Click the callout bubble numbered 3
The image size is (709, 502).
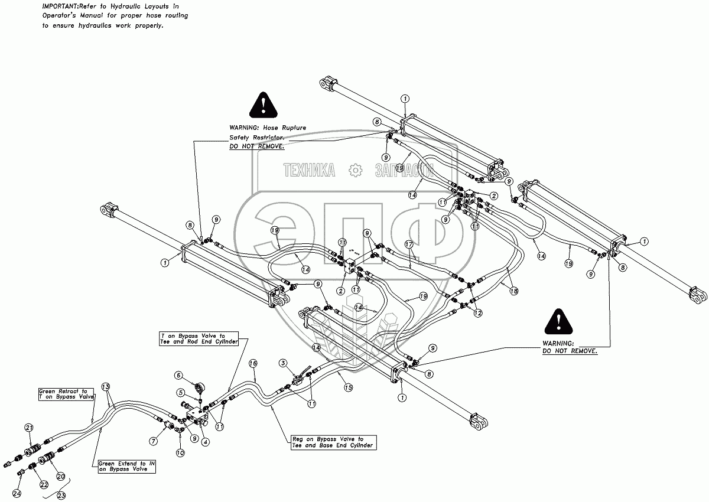[x=284, y=363]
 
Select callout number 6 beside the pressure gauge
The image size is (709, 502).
[x=178, y=375]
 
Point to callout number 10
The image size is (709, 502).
[x=180, y=452]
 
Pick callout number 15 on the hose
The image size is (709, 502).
[x=348, y=388]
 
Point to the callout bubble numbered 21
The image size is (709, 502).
[x=28, y=427]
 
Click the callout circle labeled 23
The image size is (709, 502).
[x=61, y=496]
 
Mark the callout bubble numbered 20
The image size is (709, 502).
[x=60, y=476]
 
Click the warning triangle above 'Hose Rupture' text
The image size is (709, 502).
[x=261, y=106]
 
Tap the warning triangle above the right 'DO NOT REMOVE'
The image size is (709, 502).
[x=558, y=322]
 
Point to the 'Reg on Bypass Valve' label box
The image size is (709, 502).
[x=333, y=442]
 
